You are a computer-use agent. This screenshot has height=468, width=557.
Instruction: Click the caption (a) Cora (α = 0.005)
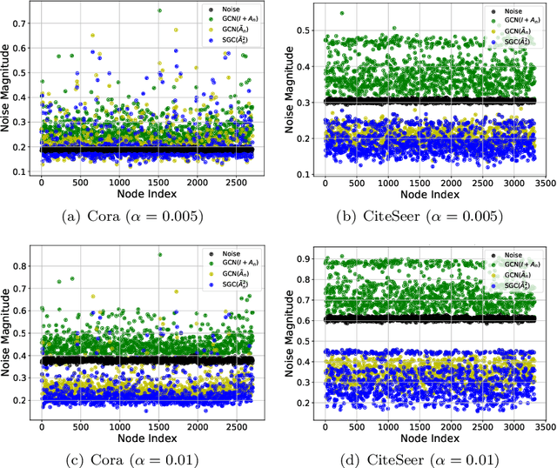pyautogui.click(x=139, y=217)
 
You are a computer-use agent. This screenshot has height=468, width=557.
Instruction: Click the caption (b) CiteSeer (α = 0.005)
pyautogui.click(x=417, y=217)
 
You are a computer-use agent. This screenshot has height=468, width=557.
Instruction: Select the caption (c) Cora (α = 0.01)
pyautogui.click(x=139, y=458)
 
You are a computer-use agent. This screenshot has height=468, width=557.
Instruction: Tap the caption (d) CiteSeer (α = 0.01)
pyautogui.click(x=417, y=458)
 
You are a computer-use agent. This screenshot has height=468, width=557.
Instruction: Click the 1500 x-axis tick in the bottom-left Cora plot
pyautogui.click(x=158, y=426)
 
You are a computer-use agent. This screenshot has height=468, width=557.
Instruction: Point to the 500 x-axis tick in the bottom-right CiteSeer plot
pyautogui.click(x=356, y=426)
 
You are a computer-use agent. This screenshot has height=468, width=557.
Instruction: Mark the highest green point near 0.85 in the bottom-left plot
pyautogui.click(x=159, y=255)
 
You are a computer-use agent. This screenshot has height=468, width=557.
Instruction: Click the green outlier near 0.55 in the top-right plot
pyautogui.click(x=341, y=13)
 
